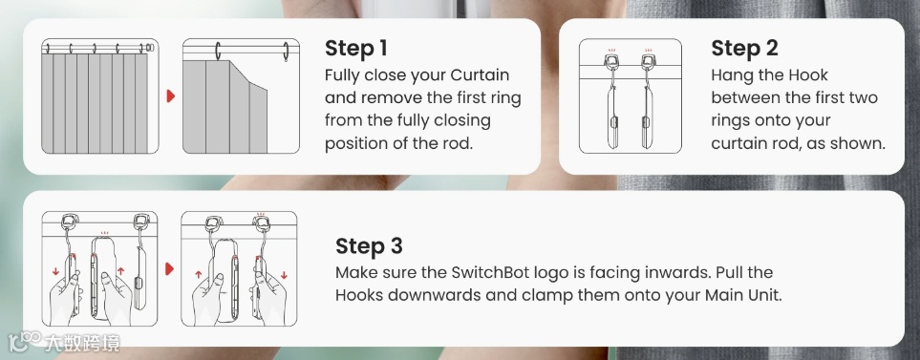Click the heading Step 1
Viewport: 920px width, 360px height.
click(x=356, y=49)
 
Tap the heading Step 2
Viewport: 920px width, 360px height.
click(x=744, y=49)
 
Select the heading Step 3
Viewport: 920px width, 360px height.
click(x=369, y=246)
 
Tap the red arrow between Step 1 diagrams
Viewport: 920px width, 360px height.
click(x=171, y=96)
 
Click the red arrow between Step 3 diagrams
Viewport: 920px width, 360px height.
click(x=170, y=269)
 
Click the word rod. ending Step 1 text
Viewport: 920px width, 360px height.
click(x=457, y=143)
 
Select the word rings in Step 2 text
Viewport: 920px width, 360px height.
click(x=731, y=121)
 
